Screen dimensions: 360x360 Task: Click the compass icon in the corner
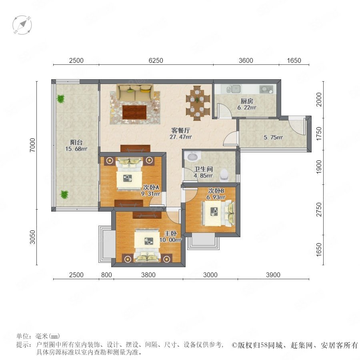pyautogui.click(x=22, y=25)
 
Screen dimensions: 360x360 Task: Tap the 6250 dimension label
pyautogui.click(x=156, y=60)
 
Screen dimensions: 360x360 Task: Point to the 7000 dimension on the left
pyautogui.click(x=33, y=145)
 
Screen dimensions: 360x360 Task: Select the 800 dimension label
pyautogui.click(x=106, y=275)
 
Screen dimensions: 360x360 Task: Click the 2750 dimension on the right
pyautogui.click(x=319, y=209)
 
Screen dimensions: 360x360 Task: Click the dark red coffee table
pyautogui.click(x=134, y=112)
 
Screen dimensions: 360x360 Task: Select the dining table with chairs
pyautogui.click(x=198, y=103)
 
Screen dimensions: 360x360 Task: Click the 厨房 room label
pyautogui.click(x=247, y=101)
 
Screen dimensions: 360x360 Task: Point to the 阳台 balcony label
pyautogui.click(x=76, y=142)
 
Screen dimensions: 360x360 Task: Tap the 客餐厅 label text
pyautogui.click(x=181, y=130)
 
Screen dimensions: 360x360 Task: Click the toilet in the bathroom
pyautogui.click(x=224, y=175)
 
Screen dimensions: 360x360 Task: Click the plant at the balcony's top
pyautogui.click(x=61, y=99)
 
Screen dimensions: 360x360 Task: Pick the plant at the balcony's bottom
pyautogui.click(x=64, y=195)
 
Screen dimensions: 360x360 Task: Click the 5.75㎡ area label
pyautogui.click(x=273, y=138)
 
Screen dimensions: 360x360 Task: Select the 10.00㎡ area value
pyautogui.click(x=170, y=240)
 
